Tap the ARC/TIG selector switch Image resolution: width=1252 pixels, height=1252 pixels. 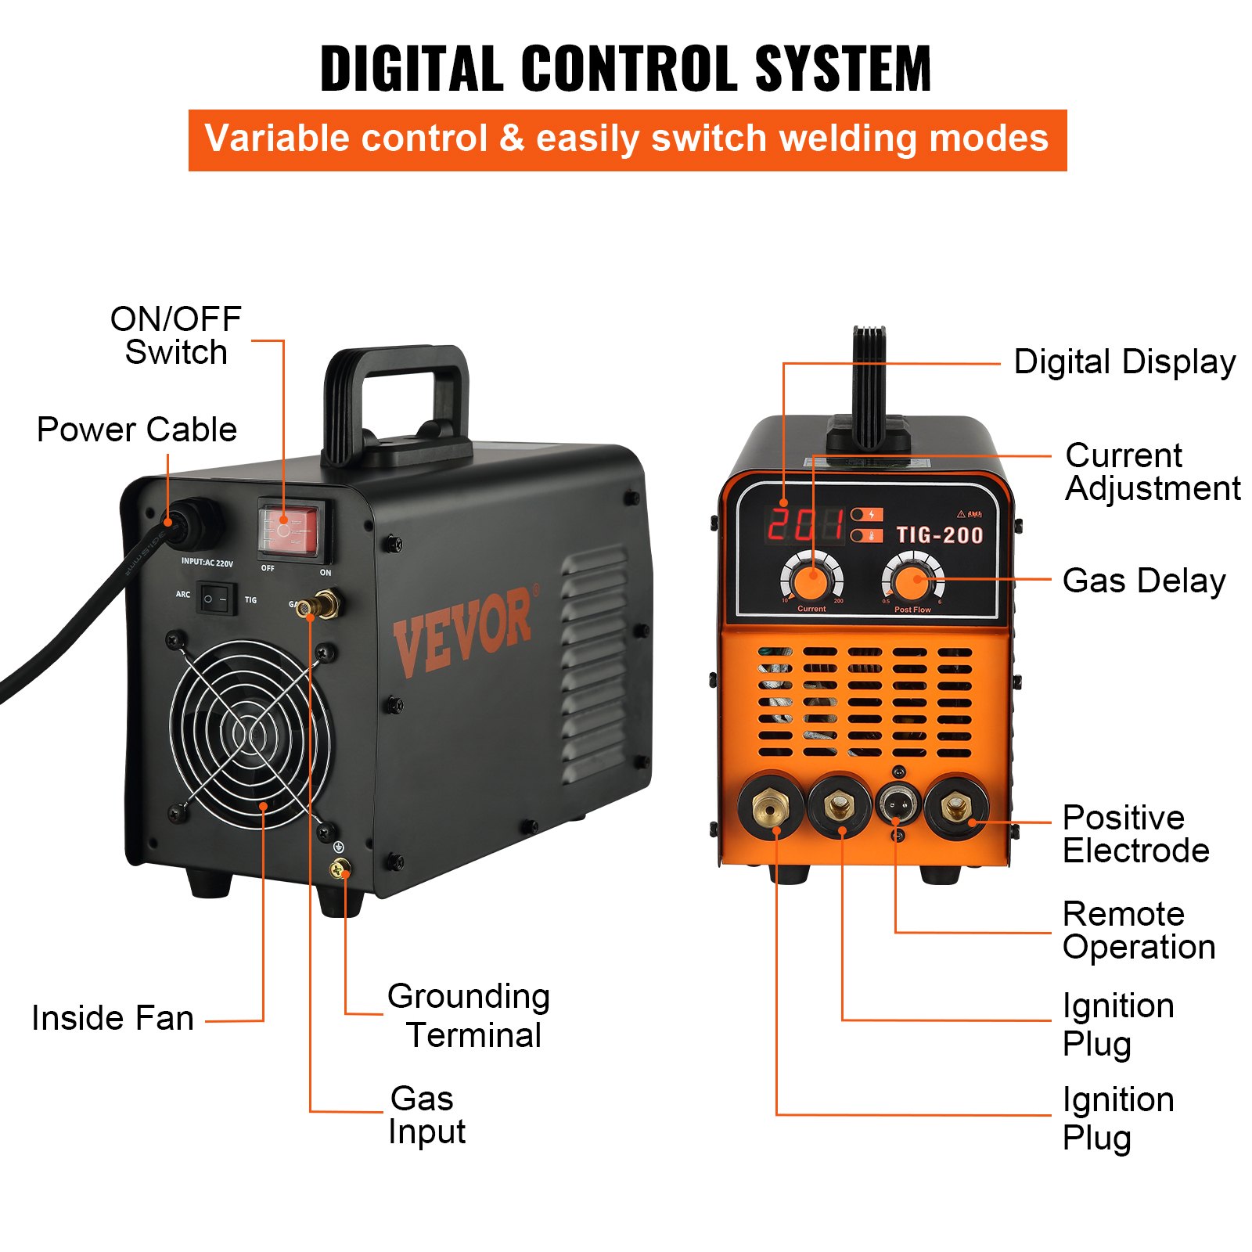coord(215,599)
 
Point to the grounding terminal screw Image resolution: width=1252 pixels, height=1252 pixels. coord(340,868)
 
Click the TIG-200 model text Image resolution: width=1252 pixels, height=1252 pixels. coord(939,535)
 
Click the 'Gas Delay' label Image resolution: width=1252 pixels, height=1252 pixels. coord(1143,581)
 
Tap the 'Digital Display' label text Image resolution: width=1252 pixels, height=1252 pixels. coord(1124,362)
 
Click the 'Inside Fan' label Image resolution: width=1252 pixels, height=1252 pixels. coord(113,1018)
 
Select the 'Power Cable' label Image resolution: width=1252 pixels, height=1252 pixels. coord(137,430)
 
